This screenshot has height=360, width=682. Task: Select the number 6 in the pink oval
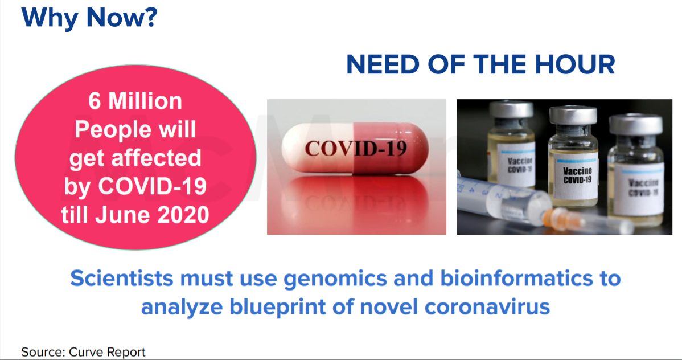click(x=95, y=101)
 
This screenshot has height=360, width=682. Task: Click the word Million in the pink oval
click(x=145, y=101)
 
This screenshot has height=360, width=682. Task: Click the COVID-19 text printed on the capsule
click(x=356, y=149)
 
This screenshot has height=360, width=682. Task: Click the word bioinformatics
click(x=516, y=278)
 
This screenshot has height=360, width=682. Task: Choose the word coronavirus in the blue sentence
click(x=487, y=307)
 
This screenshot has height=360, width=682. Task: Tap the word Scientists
click(x=122, y=278)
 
